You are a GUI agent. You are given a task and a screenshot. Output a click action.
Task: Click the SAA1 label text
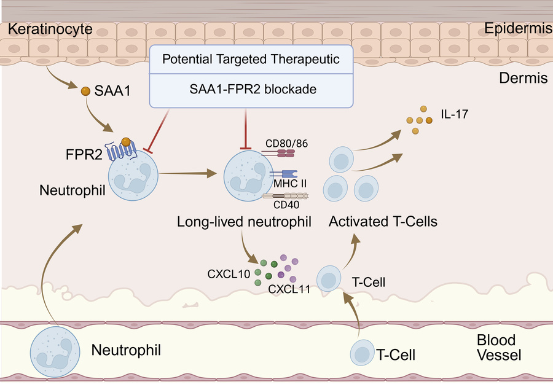point(112,91)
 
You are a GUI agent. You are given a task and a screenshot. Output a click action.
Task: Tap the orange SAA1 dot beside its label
point(85,92)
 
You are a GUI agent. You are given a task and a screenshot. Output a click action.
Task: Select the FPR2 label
point(84,154)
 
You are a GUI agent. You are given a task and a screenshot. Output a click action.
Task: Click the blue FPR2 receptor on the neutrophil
point(121,150)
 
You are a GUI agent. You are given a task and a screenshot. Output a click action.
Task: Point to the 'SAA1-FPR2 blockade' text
point(253,89)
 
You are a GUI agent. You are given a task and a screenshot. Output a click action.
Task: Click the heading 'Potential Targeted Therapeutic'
point(251,59)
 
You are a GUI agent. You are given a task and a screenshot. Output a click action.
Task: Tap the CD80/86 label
point(286,144)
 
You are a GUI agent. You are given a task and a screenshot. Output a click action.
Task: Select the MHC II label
point(290,184)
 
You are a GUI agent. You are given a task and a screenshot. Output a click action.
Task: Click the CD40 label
point(286,205)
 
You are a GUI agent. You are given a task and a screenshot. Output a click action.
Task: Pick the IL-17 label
point(454,114)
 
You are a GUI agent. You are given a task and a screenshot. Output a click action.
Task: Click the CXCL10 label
point(229,274)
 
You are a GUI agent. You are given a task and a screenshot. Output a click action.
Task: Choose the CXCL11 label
point(289,289)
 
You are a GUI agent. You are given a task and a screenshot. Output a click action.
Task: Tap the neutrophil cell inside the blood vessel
point(55,351)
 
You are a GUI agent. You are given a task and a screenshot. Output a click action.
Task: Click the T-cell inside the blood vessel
point(362,353)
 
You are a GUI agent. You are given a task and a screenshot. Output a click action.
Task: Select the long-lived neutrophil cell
point(248,176)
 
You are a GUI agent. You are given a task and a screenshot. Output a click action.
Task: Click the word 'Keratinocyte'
point(50,29)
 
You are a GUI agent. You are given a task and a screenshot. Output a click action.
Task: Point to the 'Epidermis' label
point(518,28)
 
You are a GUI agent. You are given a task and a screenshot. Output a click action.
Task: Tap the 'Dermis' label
point(524,78)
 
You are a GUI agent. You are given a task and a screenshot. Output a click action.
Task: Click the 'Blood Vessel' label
point(499,348)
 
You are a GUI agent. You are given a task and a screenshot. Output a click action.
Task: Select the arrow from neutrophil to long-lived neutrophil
point(187,173)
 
